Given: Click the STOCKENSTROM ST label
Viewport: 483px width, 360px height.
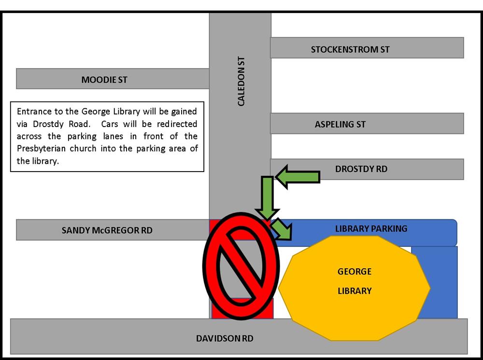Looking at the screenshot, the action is click(350, 49).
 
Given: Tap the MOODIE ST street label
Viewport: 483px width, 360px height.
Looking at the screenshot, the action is click(104, 80).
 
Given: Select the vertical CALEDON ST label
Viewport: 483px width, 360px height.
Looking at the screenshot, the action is click(241, 81).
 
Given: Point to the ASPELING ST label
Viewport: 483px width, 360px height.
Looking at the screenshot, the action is click(340, 124).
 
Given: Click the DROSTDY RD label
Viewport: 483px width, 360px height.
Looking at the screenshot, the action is click(361, 169).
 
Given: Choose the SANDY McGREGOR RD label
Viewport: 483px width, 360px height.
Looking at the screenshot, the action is click(107, 230).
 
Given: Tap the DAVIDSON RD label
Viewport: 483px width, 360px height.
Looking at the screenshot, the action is click(225, 338).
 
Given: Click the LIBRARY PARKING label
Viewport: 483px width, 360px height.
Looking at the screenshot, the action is click(371, 229).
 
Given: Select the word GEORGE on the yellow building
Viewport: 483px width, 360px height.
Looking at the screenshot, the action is click(354, 272).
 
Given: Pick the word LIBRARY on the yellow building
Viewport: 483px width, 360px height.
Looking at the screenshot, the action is click(355, 290).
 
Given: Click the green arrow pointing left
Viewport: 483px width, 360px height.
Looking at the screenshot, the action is click(298, 177).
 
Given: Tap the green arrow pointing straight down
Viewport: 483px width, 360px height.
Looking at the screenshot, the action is click(268, 198).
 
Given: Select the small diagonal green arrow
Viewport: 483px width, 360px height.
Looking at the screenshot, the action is click(281, 229).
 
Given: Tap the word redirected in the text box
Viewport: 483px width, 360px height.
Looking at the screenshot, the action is click(177, 124).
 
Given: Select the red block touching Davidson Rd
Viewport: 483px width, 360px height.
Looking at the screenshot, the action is click(242, 308).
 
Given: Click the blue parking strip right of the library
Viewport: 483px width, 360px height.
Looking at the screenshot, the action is click(434, 282).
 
